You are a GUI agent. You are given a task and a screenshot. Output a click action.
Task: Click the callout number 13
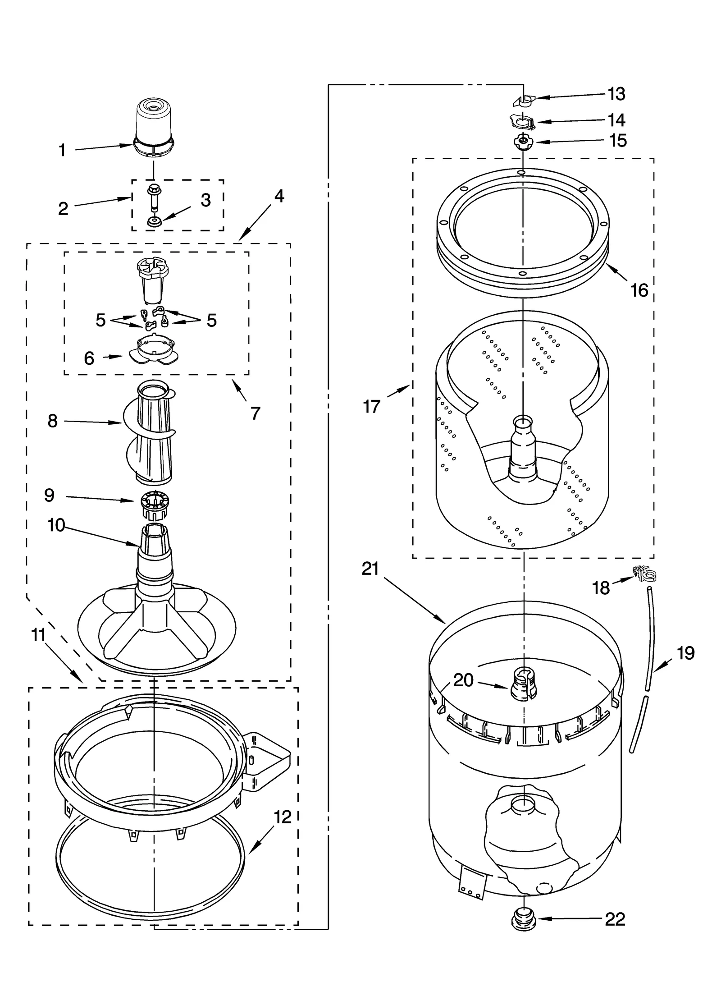pyautogui.click(x=616, y=94)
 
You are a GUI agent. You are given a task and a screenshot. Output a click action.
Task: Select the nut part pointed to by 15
pyautogui.click(x=522, y=142)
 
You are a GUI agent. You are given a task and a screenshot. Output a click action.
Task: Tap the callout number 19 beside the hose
pyautogui.click(x=685, y=653)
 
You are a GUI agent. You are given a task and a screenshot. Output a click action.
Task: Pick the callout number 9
pyautogui.click(x=50, y=495)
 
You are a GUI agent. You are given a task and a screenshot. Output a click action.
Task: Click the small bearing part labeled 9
pyautogui.click(x=152, y=504)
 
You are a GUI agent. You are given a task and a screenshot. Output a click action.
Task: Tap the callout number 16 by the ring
pyautogui.click(x=639, y=290)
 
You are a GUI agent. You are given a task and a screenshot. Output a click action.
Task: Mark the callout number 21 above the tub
pyautogui.click(x=370, y=569)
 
